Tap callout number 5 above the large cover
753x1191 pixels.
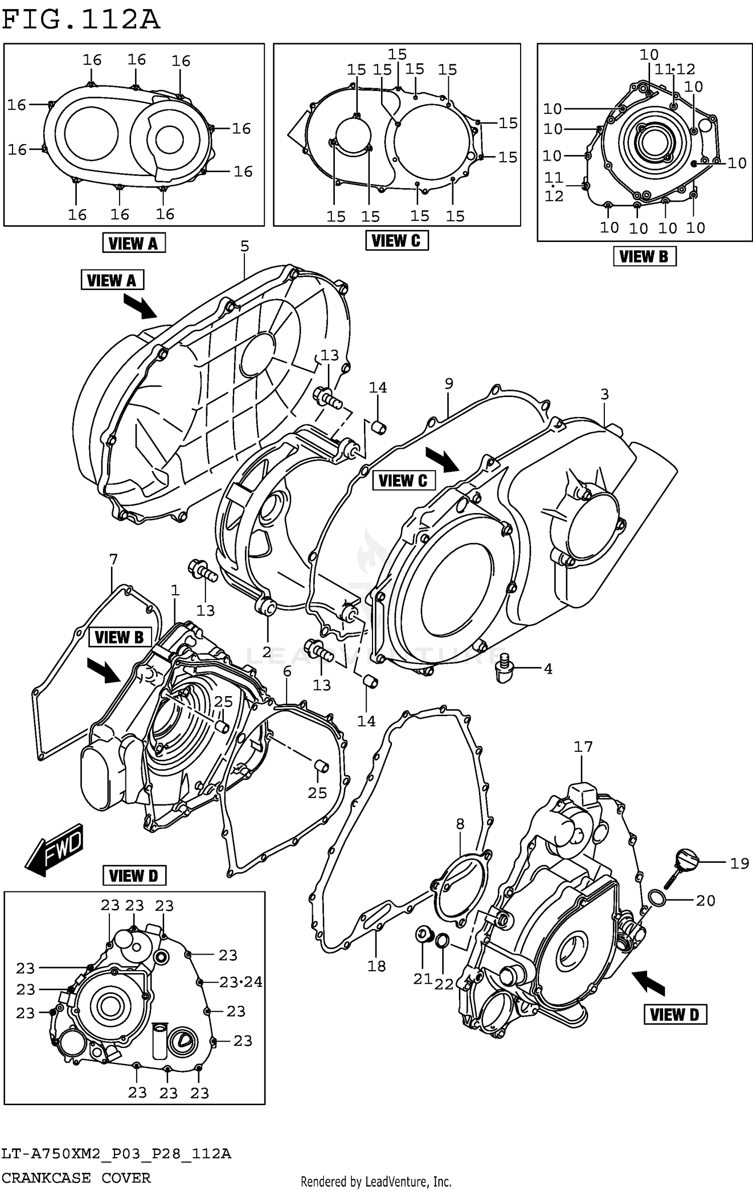click(x=244, y=246)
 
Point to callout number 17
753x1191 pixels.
click(x=583, y=747)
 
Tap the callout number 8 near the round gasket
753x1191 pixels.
click(x=460, y=824)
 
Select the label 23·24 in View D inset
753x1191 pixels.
click(x=241, y=982)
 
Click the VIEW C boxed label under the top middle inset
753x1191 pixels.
click(x=397, y=241)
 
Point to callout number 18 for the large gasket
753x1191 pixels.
click(x=376, y=965)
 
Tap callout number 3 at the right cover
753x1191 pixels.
click(x=604, y=394)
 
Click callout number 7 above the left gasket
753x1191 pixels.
click(x=113, y=559)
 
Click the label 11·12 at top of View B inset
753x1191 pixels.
click(x=675, y=69)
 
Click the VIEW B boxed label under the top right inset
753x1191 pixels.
click(x=644, y=256)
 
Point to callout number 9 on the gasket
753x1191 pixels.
click(x=449, y=383)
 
